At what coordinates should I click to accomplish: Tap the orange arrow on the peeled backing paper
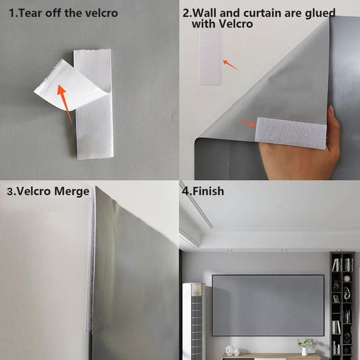point(64,103)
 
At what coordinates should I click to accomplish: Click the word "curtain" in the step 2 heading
point(261,13)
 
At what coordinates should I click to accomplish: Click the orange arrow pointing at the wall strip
point(230,65)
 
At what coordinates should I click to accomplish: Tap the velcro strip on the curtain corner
point(291,133)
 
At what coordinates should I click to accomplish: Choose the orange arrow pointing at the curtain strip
point(247,123)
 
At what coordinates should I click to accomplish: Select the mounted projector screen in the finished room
point(268,305)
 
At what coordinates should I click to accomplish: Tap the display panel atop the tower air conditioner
point(194,288)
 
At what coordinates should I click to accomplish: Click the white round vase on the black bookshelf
point(347,279)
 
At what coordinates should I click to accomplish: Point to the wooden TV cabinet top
point(270,356)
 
